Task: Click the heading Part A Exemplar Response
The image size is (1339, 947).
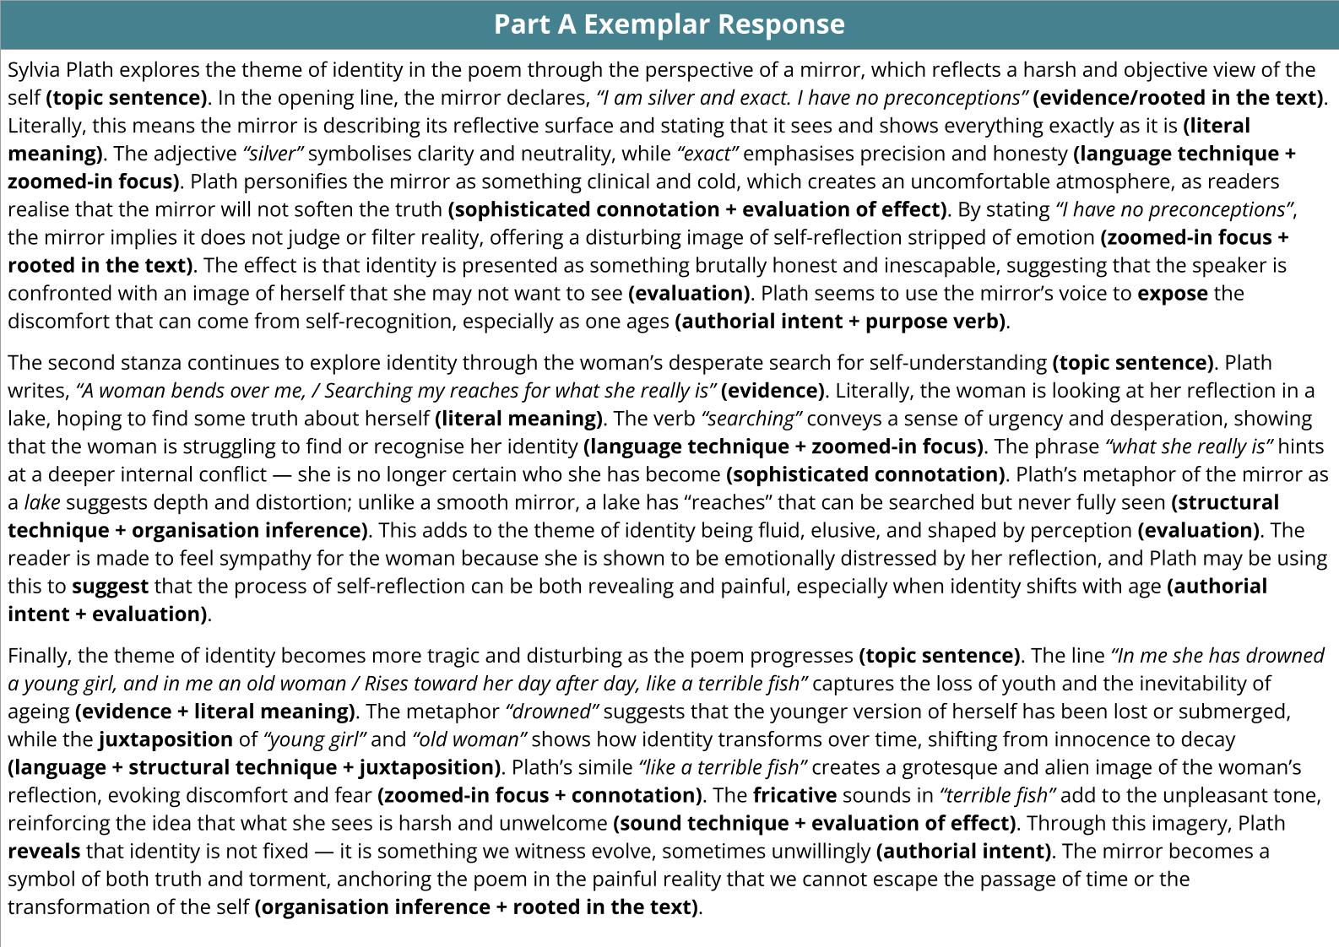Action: click(x=669, y=24)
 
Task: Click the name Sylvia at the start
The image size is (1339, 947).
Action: click(x=34, y=70)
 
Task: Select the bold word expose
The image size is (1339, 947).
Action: click(x=1172, y=294)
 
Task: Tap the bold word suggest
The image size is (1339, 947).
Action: click(x=110, y=587)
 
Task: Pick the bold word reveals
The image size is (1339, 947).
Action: click(x=44, y=851)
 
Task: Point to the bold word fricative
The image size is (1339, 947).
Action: click(x=794, y=795)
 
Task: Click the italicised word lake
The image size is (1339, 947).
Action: click(x=41, y=503)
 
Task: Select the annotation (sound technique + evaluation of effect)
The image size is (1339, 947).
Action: click(x=815, y=823)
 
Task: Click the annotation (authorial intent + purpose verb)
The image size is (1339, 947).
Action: click(x=841, y=322)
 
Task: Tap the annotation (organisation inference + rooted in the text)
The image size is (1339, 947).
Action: click(x=477, y=907)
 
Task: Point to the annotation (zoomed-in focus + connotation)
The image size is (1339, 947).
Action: click(x=539, y=795)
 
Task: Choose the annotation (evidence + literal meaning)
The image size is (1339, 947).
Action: click(x=215, y=712)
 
